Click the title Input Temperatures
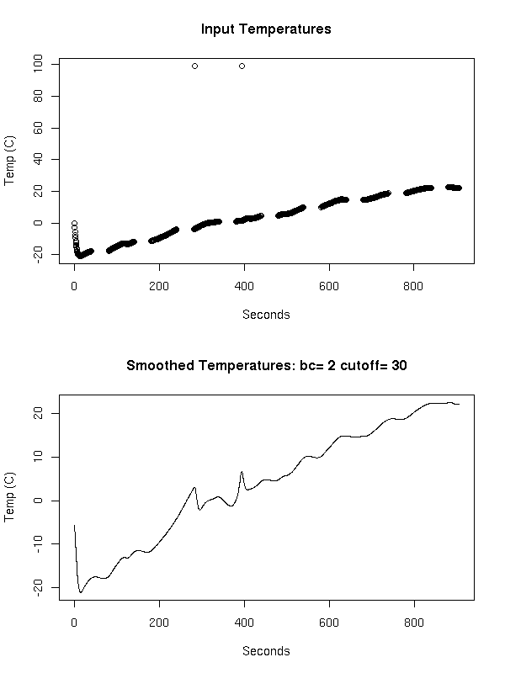(266, 29)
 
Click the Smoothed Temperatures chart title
(266, 365)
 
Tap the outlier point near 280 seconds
(194, 66)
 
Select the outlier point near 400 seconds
(242, 66)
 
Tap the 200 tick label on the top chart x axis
(159, 285)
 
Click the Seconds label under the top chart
(266, 315)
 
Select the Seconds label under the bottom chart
(266, 651)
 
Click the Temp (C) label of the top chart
(11, 160)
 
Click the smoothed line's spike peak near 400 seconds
(242, 472)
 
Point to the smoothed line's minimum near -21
(81, 592)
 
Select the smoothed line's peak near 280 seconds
(194, 487)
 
